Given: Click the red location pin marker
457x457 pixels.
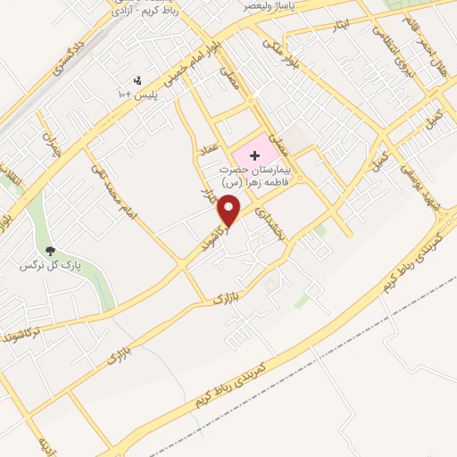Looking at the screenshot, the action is (x=229, y=208).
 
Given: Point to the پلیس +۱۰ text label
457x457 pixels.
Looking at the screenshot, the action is (x=137, y=94).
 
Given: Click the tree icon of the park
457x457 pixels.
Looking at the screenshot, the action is (x=49, y=253).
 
